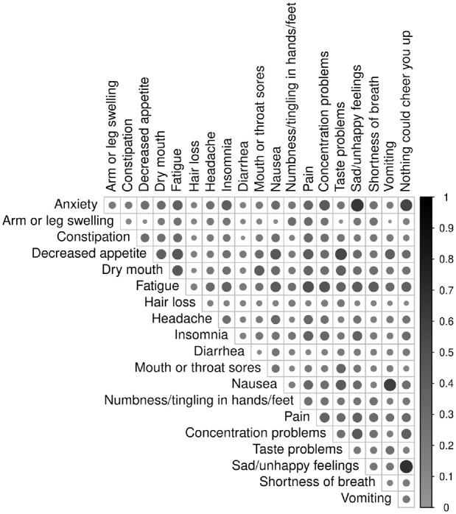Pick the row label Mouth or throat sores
(x=198, y=367)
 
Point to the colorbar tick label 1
(x=440, y=197)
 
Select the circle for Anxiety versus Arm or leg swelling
(x=112, y=205)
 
